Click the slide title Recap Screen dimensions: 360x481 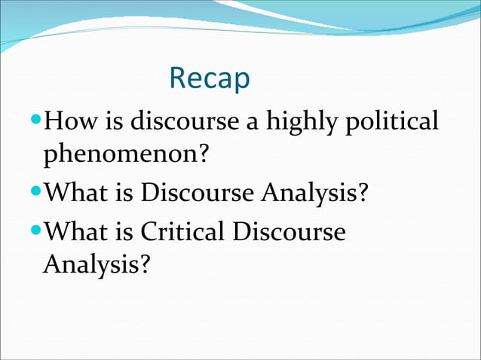pyautogui.click(x=210, y=78)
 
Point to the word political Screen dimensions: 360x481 pyautogui.click(x=391, y=121)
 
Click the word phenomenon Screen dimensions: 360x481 pyautogui.click(x=120, y=157)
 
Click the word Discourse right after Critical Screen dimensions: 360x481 pyautogui.click(x=289, y=231)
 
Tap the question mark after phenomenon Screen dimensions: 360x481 pyautogui.click(x=201, y=157)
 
